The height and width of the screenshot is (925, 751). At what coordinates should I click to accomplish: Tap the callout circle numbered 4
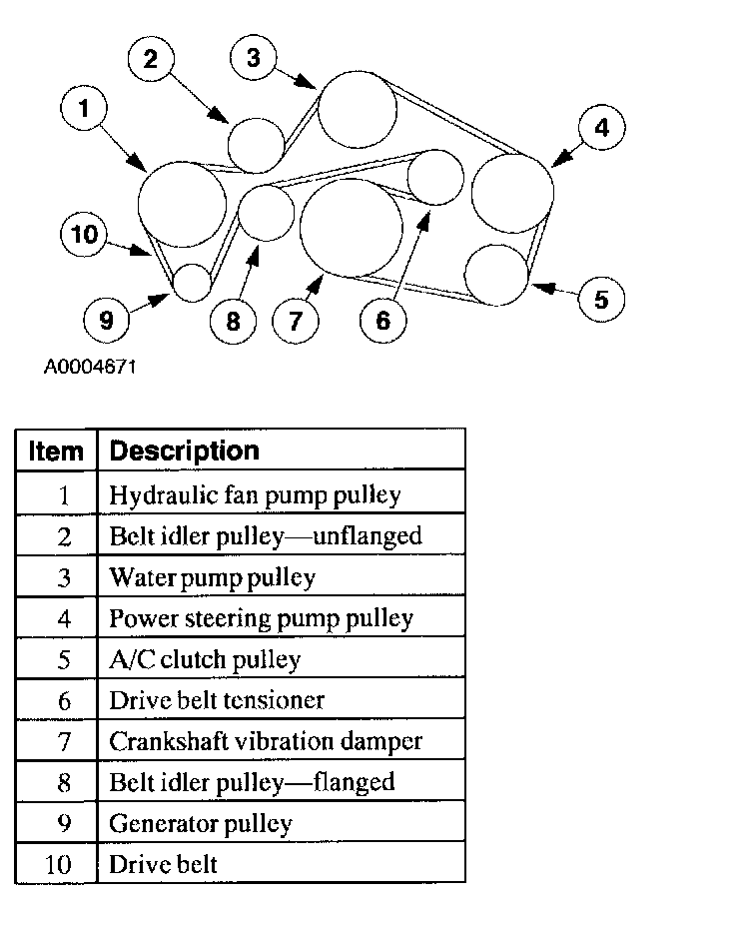tap(600, 127)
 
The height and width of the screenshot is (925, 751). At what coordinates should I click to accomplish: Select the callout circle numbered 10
tap(84, 235)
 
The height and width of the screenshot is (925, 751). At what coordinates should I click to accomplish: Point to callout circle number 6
tap(382, 320)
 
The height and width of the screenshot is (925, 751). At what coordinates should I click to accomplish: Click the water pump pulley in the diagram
tap(357, 108)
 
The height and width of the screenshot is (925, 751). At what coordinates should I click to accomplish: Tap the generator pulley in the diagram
tap(192, 282)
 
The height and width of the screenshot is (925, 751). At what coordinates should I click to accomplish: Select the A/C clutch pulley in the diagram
tap(496, 274)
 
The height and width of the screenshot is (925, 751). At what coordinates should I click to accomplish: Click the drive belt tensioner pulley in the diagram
tap(436, 177)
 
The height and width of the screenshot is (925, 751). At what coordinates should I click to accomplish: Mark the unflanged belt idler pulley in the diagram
tap(256, 144)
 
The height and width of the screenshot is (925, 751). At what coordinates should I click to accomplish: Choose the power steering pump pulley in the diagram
tap(512, 193)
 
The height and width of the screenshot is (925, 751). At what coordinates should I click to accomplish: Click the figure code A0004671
tap(90, 367)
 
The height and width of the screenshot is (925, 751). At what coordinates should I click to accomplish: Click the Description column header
tap(184, 451)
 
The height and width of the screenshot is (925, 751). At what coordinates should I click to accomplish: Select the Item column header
tap(56, 452)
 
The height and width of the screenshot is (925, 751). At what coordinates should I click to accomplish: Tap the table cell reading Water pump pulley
tap(212, 577)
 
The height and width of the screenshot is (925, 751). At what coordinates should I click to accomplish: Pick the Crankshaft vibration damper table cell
tap(266, 741)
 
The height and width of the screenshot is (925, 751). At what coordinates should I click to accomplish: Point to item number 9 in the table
tap(64, 823)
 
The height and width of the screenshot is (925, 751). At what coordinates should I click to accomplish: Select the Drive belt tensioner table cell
tap(217, 700)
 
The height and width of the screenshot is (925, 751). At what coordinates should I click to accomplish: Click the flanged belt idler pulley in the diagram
tap(267, 213)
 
